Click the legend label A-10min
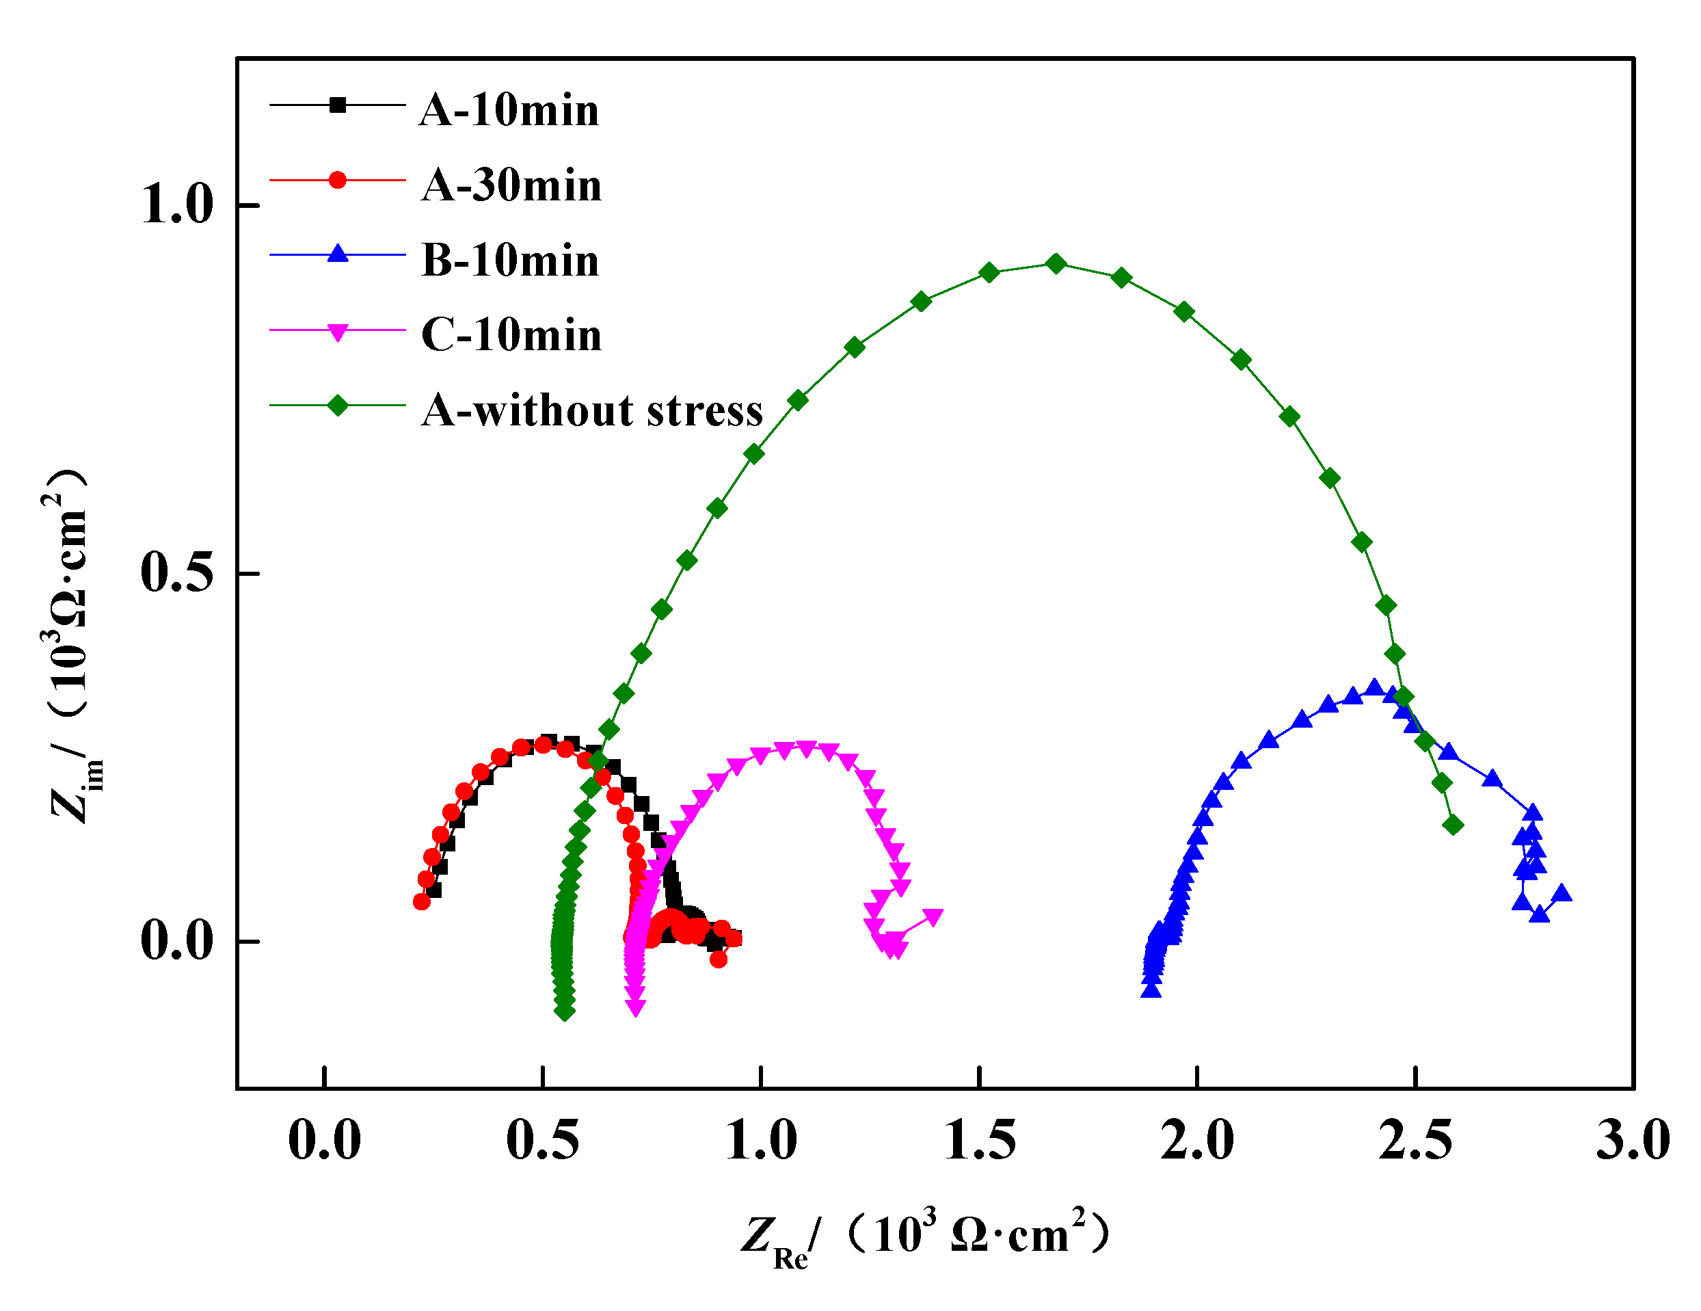(509, 110)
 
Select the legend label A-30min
(511, 185)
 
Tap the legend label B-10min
(510, 260)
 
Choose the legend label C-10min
(511, 335)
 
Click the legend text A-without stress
(592, 410)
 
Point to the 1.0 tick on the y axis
(177, 206)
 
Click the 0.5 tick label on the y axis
(177, 572)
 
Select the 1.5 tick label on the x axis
(979, 1141)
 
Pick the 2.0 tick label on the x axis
(1197, 1141)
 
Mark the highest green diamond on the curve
(1056, 263)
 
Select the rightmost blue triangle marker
(1562, 893)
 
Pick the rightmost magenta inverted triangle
(933, 917)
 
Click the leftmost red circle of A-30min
(421, 901)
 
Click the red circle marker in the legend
(337, 180)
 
